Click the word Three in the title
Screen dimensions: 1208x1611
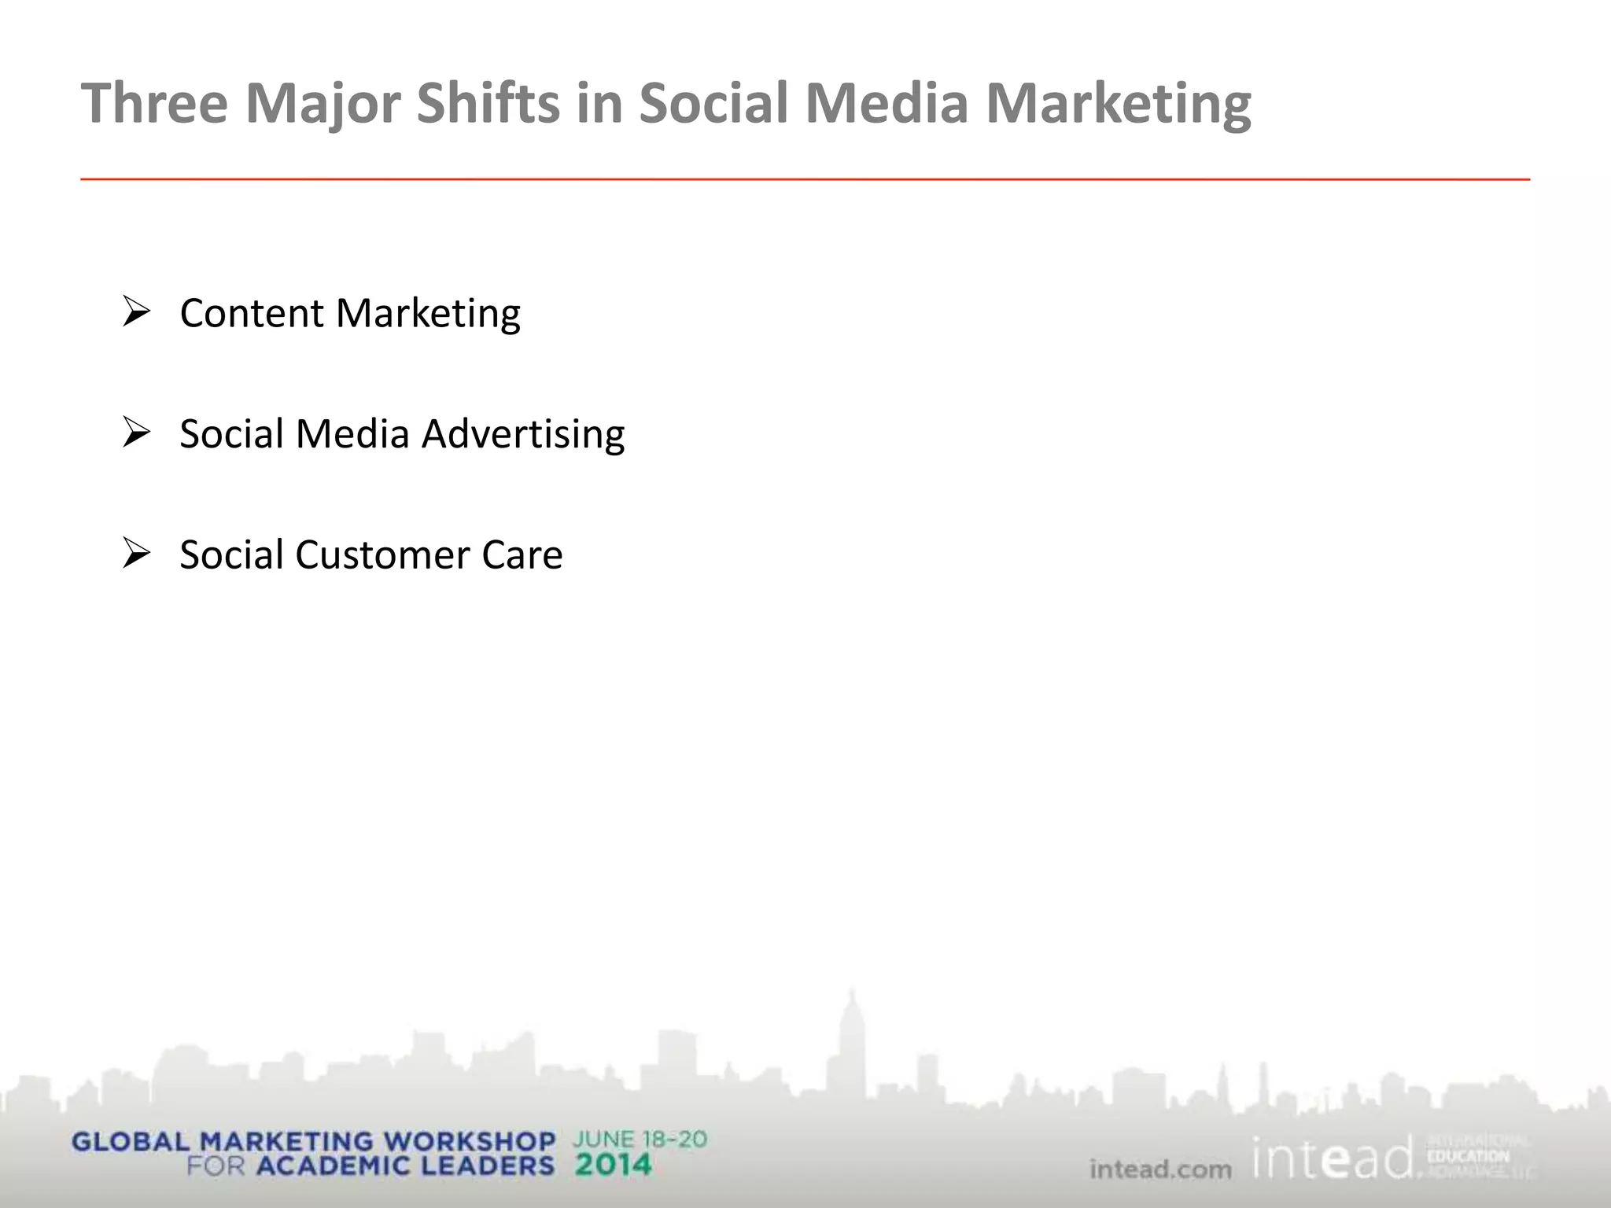tap(154, 103)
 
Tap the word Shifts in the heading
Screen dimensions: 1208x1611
tap(487, 103)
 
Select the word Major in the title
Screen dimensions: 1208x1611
tap(322, 103)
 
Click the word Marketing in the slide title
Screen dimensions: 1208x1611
tap(1118, 103)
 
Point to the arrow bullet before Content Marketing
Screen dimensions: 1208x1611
tap(136, 312)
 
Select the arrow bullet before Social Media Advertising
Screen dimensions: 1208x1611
tap(136, 433)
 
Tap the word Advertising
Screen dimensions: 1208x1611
tap(523, 434)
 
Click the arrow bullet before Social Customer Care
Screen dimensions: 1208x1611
tap(136, 554)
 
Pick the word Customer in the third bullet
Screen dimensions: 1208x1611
tap(382, 554)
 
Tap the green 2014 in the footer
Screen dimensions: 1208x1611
tap(613, 1165)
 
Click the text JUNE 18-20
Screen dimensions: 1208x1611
tap(640, 1139)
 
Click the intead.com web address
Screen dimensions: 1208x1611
tap(1160, 1169)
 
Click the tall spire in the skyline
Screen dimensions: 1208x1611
tap(850, 1022)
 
